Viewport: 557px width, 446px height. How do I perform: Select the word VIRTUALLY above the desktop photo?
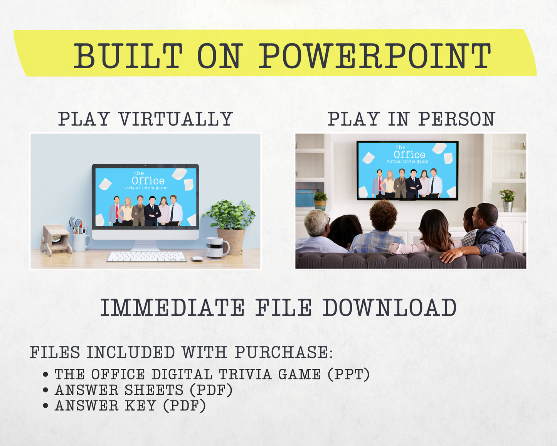click(x=176, y=119)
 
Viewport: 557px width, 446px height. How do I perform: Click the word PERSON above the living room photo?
click(x=456, y=119)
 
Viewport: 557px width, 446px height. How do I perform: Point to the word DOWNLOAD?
click(x=390, y=307)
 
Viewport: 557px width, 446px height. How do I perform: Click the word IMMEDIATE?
click(x=172, y=307)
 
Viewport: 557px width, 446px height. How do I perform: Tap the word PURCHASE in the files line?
click(x=284, y=352)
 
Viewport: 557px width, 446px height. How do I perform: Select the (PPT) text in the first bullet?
click(x=348, y=375)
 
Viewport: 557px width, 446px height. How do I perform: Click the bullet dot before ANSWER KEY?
click(x=45, y=406)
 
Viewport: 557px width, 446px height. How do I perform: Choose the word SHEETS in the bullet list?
click(x=154, y=390)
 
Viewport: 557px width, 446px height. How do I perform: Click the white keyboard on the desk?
click(x=146, y=256)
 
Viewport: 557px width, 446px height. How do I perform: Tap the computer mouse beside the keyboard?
click(x=197, y=258)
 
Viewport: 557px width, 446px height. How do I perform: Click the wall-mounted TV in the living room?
click(x=407, y=171)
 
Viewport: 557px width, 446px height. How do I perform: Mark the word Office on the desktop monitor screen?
click(x=148, y=181)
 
